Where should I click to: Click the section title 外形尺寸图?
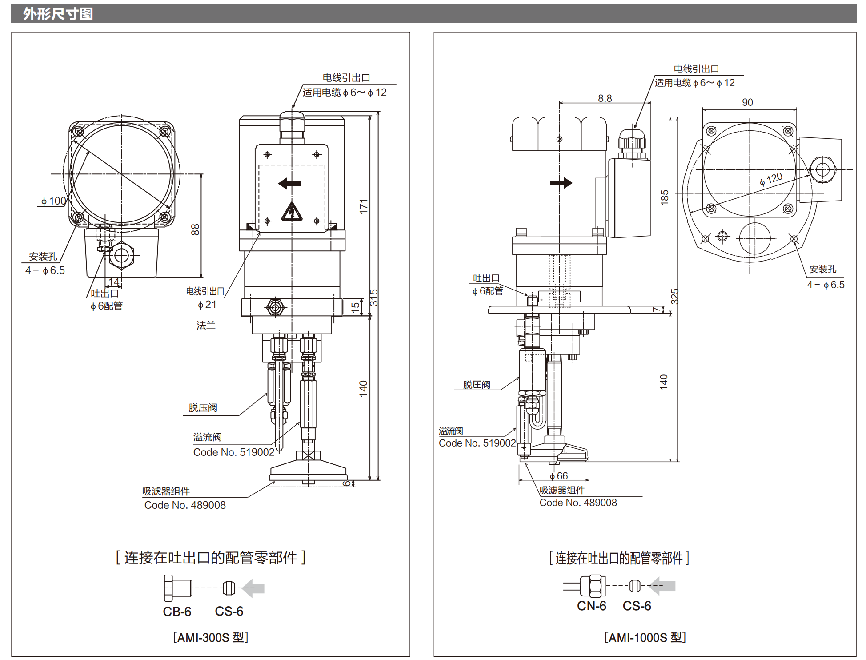58,14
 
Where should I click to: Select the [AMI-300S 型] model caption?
211,637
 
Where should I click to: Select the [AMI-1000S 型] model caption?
645,637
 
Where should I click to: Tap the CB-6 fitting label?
177,612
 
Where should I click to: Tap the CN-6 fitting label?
591,606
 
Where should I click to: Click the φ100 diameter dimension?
53,201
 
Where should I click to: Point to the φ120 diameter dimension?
771,179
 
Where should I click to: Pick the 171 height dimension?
364,206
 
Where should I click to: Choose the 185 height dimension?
665,197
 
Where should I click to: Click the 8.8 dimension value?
605,98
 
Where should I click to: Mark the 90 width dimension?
747,102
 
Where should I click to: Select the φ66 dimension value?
559,476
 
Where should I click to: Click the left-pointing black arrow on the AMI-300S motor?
289,183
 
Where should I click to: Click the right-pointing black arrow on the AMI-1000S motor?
561,183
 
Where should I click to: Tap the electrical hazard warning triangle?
292,212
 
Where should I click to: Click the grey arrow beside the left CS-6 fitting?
254,588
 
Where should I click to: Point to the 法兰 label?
206,326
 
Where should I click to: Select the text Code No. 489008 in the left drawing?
185,505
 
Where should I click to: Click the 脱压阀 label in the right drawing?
477,385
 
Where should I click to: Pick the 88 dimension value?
195,229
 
